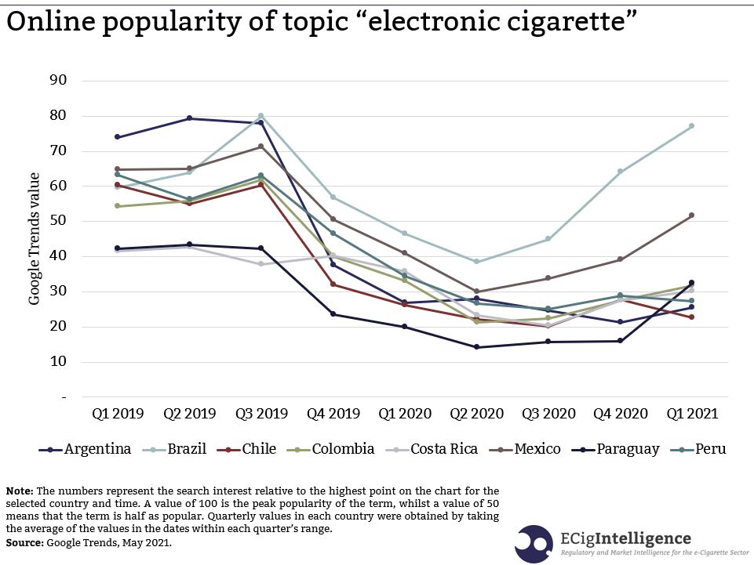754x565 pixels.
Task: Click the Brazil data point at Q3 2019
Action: [260, 116]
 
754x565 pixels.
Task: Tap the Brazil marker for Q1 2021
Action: [691, 126]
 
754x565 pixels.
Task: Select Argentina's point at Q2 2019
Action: [189, 118]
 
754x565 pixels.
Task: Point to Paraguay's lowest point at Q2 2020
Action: [476, 347]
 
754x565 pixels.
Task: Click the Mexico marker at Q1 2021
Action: [691, 215]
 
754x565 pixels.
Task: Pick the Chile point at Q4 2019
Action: [333, 284]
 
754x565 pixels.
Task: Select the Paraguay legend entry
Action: [628, 449]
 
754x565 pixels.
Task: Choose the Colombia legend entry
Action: [344, 449]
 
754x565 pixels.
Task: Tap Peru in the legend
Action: [709, 449]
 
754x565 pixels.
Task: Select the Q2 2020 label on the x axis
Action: [476, 413]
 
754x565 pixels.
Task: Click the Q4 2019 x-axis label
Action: [333, 413]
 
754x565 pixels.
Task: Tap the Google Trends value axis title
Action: [35, 239]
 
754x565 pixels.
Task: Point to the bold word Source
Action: [25, 542]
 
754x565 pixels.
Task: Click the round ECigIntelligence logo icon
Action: [534, 543]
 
